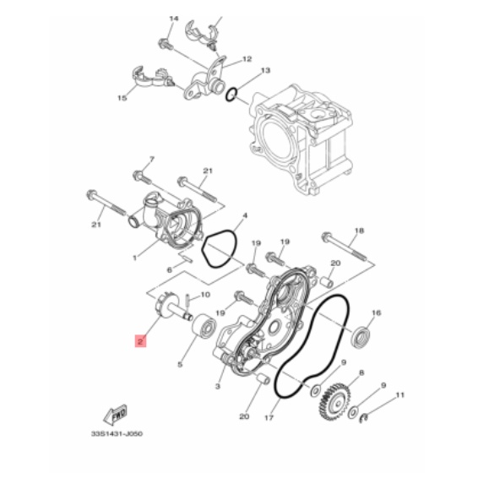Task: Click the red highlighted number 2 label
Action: pyautogui.click(x=140, y=342)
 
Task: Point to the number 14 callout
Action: pyautogui.click(x=174, y=18)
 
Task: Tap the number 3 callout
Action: pyautogui.click(x=217, y=386)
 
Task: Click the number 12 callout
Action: pyautogui.click(x=247, y=60)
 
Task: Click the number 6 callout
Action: pyautogui.click(x=170, y=270)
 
